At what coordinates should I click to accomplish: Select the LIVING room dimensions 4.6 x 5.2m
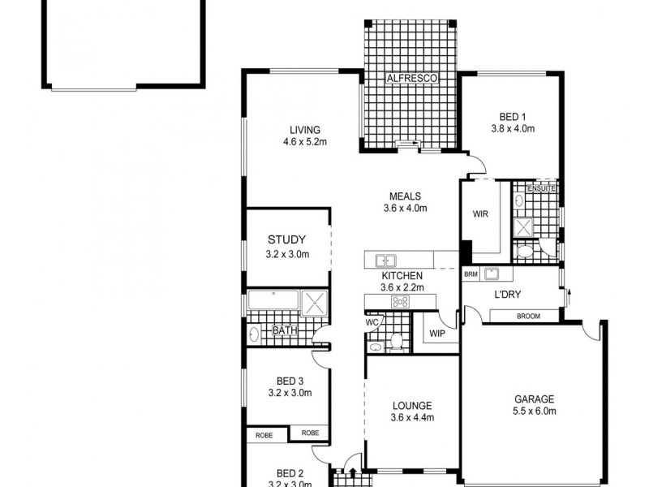click(304, 142)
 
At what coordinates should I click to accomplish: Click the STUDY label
click(287, 239)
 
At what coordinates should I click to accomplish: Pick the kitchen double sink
click(385, 261)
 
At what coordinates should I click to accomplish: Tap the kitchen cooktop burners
click(400, 302)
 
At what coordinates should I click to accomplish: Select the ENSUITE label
click(541, 189)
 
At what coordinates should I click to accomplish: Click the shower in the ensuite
click(525, 226)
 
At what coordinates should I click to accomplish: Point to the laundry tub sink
click(492, 274)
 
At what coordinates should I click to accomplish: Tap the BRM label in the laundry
click(471, 274)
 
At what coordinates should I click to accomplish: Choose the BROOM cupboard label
click(528, 315)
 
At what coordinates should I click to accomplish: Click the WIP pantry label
click(436, 333)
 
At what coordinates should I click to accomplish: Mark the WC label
click(373, 322)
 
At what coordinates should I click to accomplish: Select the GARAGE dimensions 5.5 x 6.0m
click(533, 412)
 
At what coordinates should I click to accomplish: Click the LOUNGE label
click(411, 406)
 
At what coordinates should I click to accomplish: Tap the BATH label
click(284, 330)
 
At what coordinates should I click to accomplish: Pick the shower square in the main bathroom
click(313, 302)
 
